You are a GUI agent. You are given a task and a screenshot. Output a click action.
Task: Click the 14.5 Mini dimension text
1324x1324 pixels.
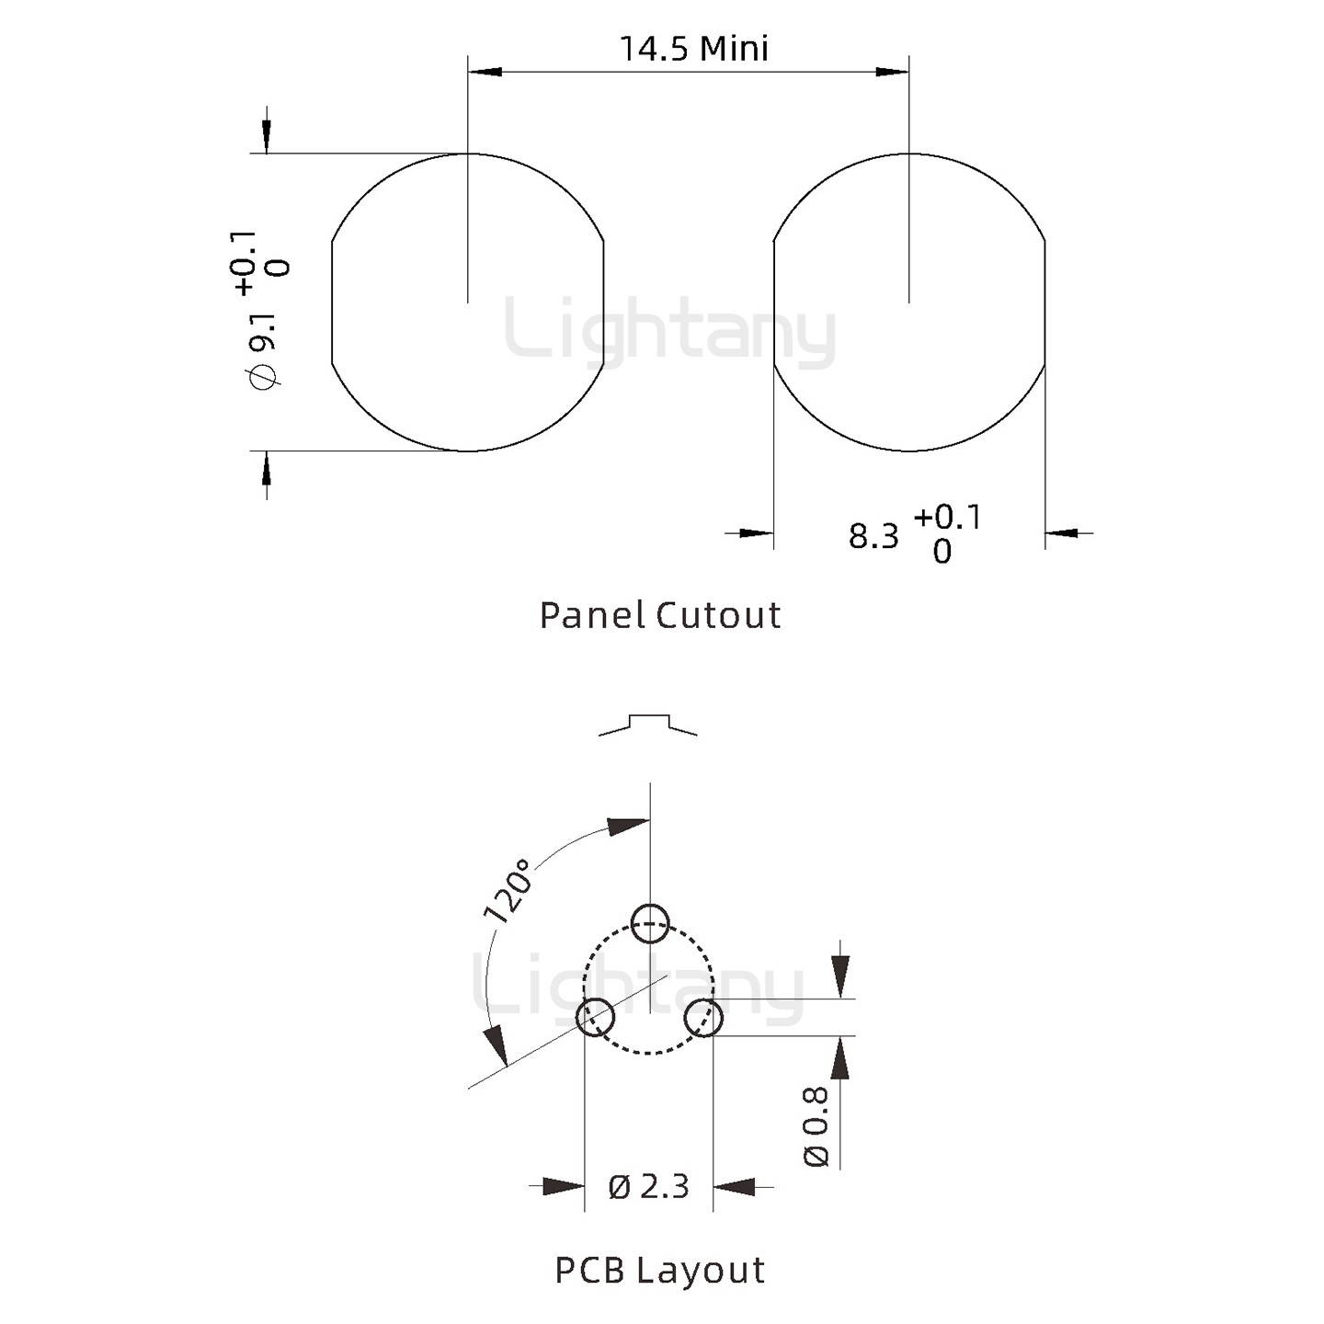coord(694,49)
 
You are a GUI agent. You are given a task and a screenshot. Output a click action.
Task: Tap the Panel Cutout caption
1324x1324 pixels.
coord(660,615)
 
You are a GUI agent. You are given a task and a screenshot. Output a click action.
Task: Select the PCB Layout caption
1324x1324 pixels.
coord(659,1270)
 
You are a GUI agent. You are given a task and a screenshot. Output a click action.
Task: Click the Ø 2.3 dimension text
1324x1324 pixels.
coord(648,1187)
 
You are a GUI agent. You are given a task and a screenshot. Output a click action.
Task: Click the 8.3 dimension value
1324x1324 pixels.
coord(873,536)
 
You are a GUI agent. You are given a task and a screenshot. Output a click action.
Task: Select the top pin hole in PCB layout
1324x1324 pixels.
coord(650,923)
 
